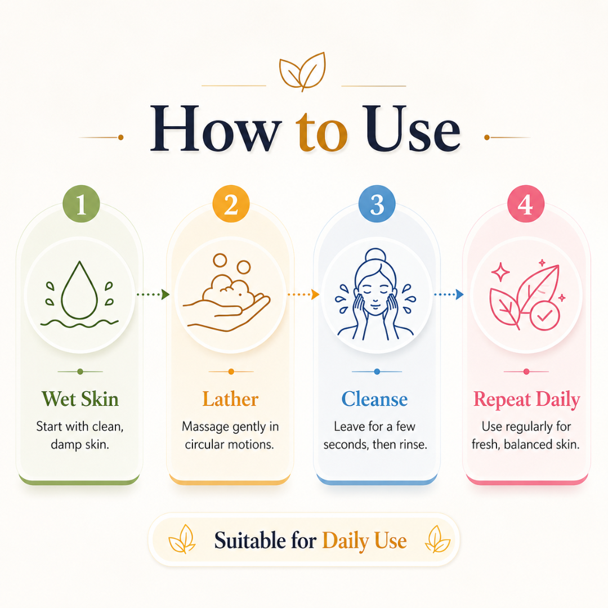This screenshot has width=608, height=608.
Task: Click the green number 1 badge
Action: point(81,204)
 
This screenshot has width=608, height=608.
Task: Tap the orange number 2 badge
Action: point(231,204)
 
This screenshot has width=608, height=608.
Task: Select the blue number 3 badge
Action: point(377,204)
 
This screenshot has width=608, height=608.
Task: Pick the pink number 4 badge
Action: point(526,204)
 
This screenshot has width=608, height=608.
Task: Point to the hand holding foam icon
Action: point(227,293)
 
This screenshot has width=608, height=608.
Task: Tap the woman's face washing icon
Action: point(375,294)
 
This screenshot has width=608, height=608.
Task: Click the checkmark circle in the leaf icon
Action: point(545,316)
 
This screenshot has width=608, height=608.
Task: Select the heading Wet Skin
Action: point(80,399)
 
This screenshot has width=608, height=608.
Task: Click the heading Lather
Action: point(230,399)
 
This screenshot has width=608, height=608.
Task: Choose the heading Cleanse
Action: point(374,399)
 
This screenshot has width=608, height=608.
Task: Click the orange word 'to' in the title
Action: point(321,131)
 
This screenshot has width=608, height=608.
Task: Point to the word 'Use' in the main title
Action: point(413,128)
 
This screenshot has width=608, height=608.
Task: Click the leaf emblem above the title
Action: point(302,71)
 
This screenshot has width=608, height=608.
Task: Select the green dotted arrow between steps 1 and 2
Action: point(153,294)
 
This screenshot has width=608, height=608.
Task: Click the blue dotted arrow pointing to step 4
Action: point(449,294)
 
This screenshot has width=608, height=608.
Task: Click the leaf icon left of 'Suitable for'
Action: point(182,539)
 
